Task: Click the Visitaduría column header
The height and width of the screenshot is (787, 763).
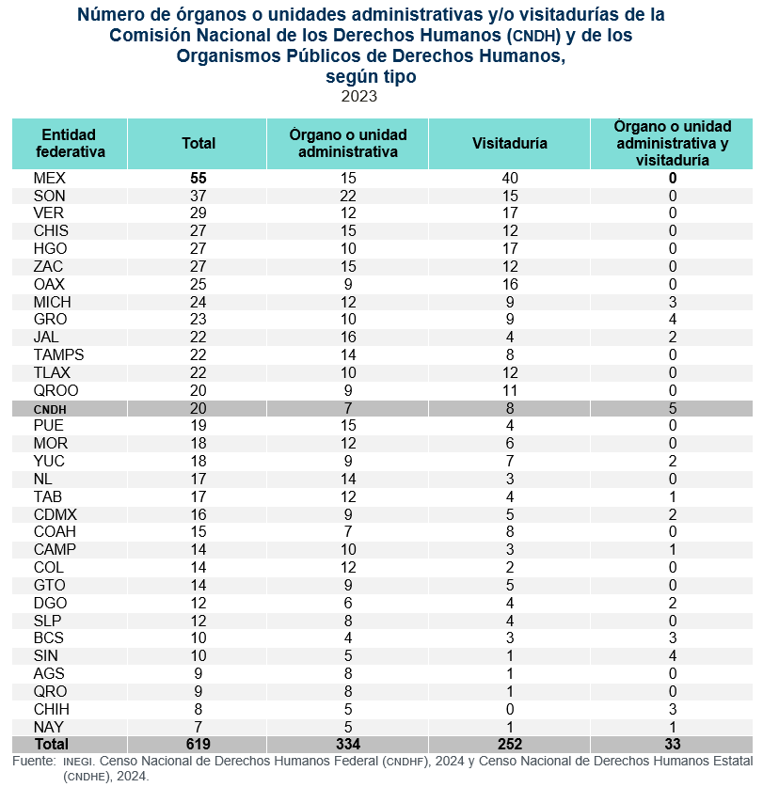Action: point(509,144)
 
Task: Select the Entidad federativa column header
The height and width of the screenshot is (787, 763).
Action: point(70,144)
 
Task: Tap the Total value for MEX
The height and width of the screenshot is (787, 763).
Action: point(199,178)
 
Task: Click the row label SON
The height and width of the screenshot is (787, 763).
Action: point(49,196)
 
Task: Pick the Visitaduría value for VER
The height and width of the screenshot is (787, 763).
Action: point(510,213)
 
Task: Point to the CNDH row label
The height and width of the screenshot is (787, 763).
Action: point(50,409)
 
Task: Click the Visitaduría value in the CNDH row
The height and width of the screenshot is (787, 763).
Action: point(510,409)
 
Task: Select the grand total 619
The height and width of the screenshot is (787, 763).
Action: point(199,744)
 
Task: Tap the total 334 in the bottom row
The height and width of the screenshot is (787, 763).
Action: point(348,744)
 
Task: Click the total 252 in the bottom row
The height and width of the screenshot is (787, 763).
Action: point(510,744)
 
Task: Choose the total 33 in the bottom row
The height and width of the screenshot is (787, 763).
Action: point(673,744)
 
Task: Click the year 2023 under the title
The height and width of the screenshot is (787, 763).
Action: point(359,96)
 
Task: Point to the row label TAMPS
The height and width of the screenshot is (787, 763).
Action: point(58,354)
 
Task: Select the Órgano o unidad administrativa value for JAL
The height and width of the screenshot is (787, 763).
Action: point(348,337)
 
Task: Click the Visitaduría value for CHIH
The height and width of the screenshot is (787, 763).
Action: point(510,709)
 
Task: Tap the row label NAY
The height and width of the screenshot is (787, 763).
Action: point(49,727)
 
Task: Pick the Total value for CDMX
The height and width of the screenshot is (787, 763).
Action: point(199,514)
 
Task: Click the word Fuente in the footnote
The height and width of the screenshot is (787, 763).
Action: point(33,761)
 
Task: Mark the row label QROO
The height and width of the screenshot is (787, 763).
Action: point(56,390)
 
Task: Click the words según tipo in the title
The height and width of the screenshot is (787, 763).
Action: point(371,76)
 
